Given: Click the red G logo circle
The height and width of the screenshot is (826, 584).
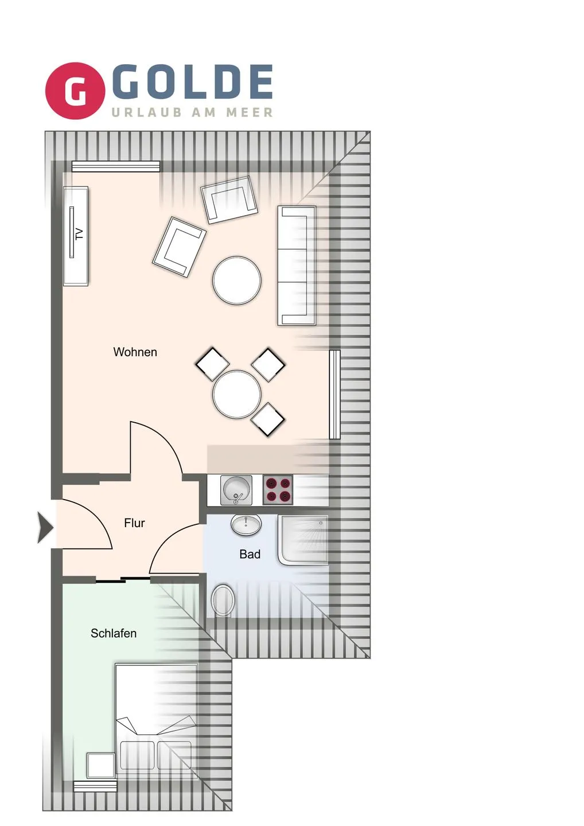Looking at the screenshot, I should point(75,91).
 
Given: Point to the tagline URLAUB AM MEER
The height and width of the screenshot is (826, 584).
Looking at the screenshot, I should point(192,112).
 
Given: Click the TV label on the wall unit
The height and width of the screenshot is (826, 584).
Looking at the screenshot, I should point(79,234).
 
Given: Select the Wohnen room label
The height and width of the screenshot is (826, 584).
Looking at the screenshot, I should point(135,352).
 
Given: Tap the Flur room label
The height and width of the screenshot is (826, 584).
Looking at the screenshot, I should point(134,523).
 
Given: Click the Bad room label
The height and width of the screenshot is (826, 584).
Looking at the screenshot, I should point(250,554).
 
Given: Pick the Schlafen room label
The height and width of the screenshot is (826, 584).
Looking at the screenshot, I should point(114,633).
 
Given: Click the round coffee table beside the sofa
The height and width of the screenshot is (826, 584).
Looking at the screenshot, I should point(237,280).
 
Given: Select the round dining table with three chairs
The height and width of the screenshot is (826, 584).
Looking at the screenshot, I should point(237,394).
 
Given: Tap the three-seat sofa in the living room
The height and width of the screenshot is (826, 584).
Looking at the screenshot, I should point(297,266).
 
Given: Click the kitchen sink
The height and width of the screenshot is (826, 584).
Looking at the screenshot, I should point(236,490).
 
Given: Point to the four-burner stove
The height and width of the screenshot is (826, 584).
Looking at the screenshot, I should point(278,490).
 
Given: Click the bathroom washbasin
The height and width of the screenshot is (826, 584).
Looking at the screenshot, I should point(246,524).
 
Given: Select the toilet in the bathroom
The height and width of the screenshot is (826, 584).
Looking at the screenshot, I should point(223,600).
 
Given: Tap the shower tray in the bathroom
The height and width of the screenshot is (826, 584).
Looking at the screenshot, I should point(303,540).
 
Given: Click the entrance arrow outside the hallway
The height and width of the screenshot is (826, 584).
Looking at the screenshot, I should point(45,527).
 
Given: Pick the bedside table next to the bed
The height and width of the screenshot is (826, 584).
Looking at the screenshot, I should point(101,766).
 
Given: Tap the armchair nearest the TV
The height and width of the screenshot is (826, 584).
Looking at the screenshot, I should point(179,247).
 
